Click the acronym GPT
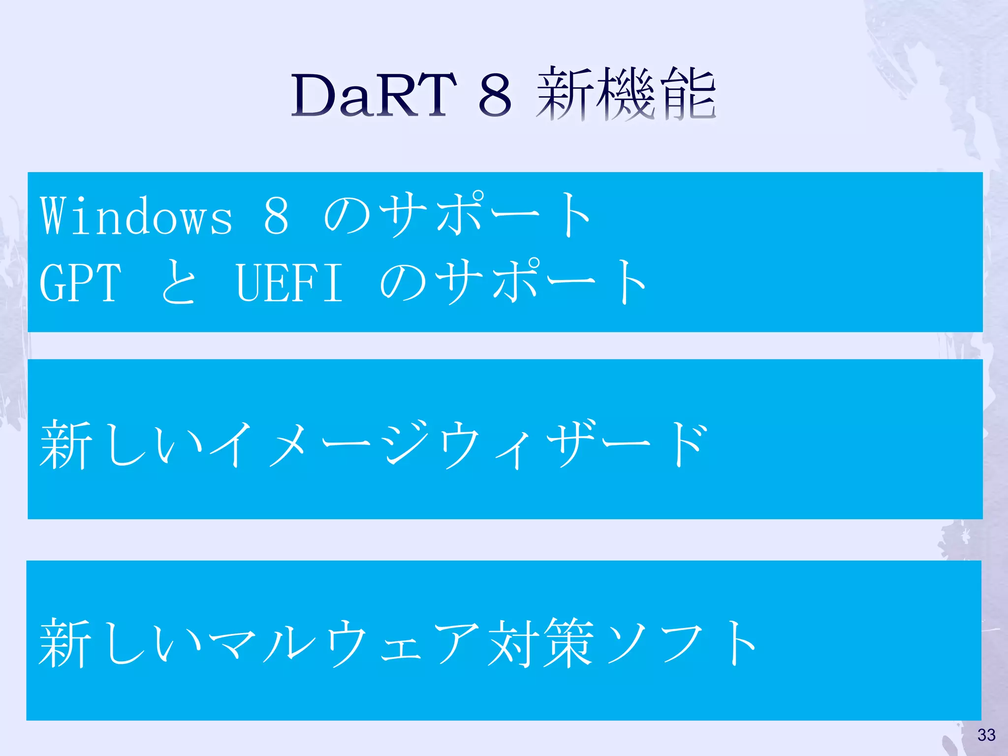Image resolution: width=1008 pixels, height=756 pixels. tap(80, 283)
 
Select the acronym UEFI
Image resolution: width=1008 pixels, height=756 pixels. tap(289, 283)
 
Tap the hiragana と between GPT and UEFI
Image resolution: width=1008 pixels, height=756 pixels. tap(179, 283)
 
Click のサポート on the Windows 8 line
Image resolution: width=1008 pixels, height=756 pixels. tap(458, 216)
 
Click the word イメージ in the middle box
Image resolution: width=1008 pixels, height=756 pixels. tap(322, 444)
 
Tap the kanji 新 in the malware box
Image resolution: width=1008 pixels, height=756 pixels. tap(65, 643)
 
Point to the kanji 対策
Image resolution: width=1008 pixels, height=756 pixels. tap(541, 643)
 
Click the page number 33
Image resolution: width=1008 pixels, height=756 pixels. tap(986, 735)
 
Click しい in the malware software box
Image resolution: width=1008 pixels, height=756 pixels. tap(153, 643)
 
